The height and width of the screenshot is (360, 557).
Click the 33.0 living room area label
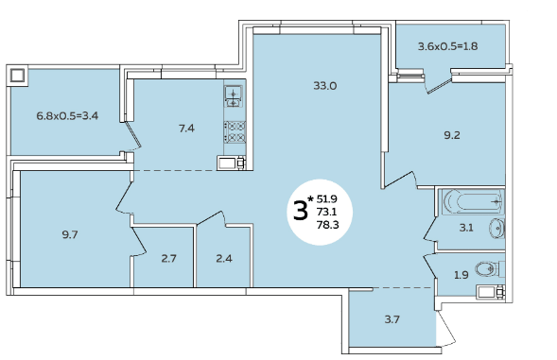click(325, 86)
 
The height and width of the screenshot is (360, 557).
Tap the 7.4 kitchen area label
click(186, 129)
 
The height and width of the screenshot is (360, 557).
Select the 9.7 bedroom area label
click(70, 234)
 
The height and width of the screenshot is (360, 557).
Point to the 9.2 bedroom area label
click(452, 135)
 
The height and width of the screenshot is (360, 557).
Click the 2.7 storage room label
click(168, 259)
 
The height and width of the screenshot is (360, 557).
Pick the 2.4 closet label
click(224, 259)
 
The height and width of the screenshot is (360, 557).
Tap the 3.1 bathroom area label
click(466, 228)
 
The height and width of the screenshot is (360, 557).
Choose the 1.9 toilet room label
click(461, 275)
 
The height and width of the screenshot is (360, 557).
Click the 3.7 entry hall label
click(392, 319)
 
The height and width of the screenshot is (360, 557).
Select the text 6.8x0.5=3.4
click(67, 115)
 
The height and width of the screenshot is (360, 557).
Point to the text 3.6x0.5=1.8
click(447, 46)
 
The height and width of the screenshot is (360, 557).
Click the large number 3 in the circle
click(301, 211)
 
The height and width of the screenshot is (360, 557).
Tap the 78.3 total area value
click(327, 225)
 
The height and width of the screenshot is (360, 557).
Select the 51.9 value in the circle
click(327, 199)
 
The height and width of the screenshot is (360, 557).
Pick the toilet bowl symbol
click(487, 269)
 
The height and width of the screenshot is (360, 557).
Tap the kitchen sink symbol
click(234, 96)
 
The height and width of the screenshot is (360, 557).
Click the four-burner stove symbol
click(235, 132)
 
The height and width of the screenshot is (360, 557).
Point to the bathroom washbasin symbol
click(497, 228)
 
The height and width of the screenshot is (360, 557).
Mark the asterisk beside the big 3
click(311, 198)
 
